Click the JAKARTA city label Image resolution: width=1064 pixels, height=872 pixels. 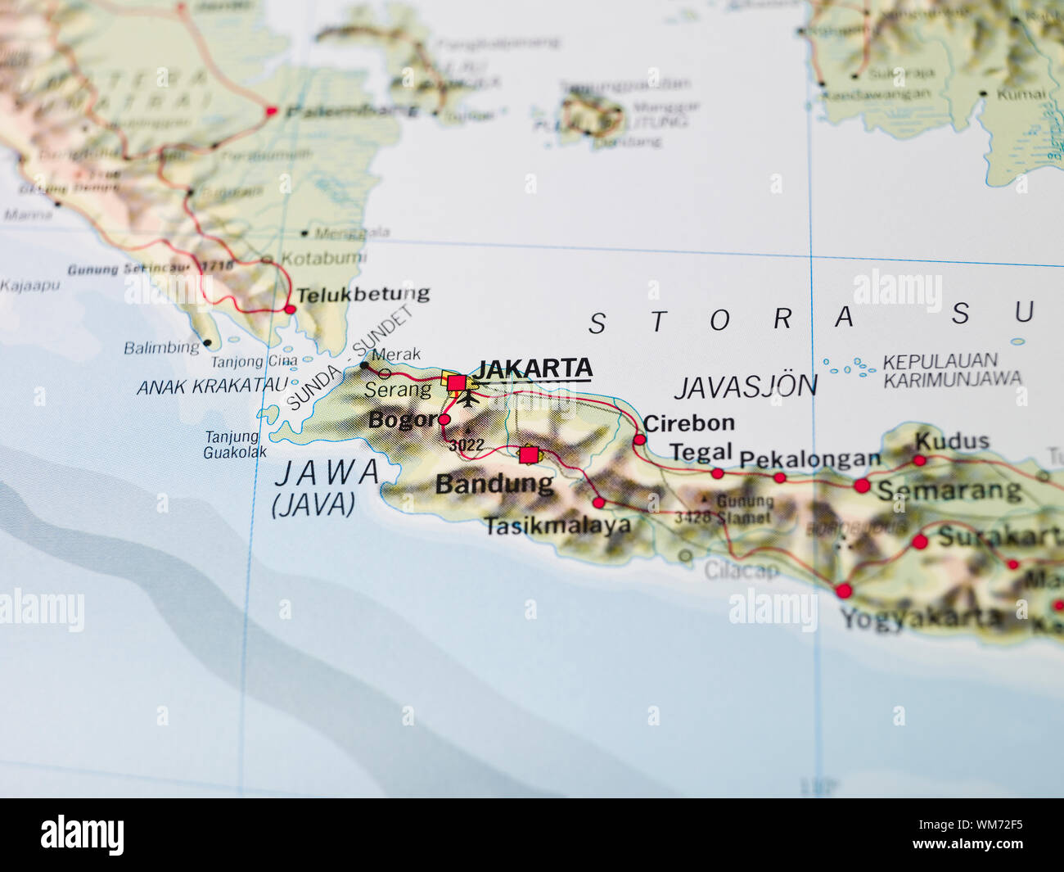(534, 368)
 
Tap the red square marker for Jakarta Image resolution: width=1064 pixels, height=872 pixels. (456, 383)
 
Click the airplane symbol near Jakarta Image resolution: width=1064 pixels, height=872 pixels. (468, 399)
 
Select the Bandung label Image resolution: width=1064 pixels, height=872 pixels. (494, 484)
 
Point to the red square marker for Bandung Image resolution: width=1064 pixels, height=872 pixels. (529, 454)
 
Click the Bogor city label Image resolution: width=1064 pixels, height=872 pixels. (402, 420)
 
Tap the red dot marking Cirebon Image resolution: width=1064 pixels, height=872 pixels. (639, 440)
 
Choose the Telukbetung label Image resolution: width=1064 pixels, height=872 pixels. (363, 294)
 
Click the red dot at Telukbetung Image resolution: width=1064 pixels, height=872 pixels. (290, 309)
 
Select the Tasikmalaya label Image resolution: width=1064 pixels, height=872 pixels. (557, 526)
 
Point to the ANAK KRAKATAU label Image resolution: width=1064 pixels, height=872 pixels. (213, 386)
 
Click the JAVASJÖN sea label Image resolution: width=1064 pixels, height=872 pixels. (745, 386)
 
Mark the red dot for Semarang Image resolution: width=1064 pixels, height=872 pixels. (862, 486)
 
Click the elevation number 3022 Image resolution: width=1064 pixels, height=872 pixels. (467, 445)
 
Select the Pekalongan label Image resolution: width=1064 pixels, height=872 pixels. (809, 459)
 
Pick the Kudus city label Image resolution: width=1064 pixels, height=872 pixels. (952, 441)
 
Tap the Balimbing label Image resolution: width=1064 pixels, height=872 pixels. (161, 347)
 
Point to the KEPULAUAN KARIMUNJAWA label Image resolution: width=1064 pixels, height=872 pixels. (952, 370)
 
